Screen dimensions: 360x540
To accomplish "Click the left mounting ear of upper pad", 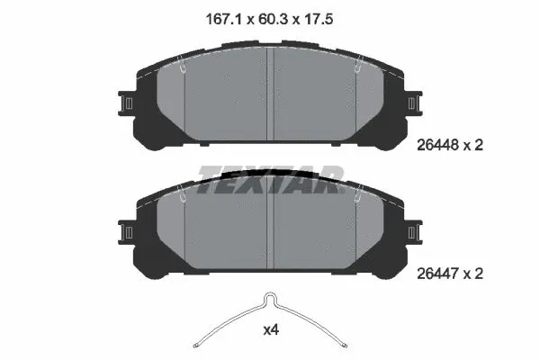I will (127, 103).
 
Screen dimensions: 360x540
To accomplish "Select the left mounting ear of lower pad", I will (127, 232).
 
